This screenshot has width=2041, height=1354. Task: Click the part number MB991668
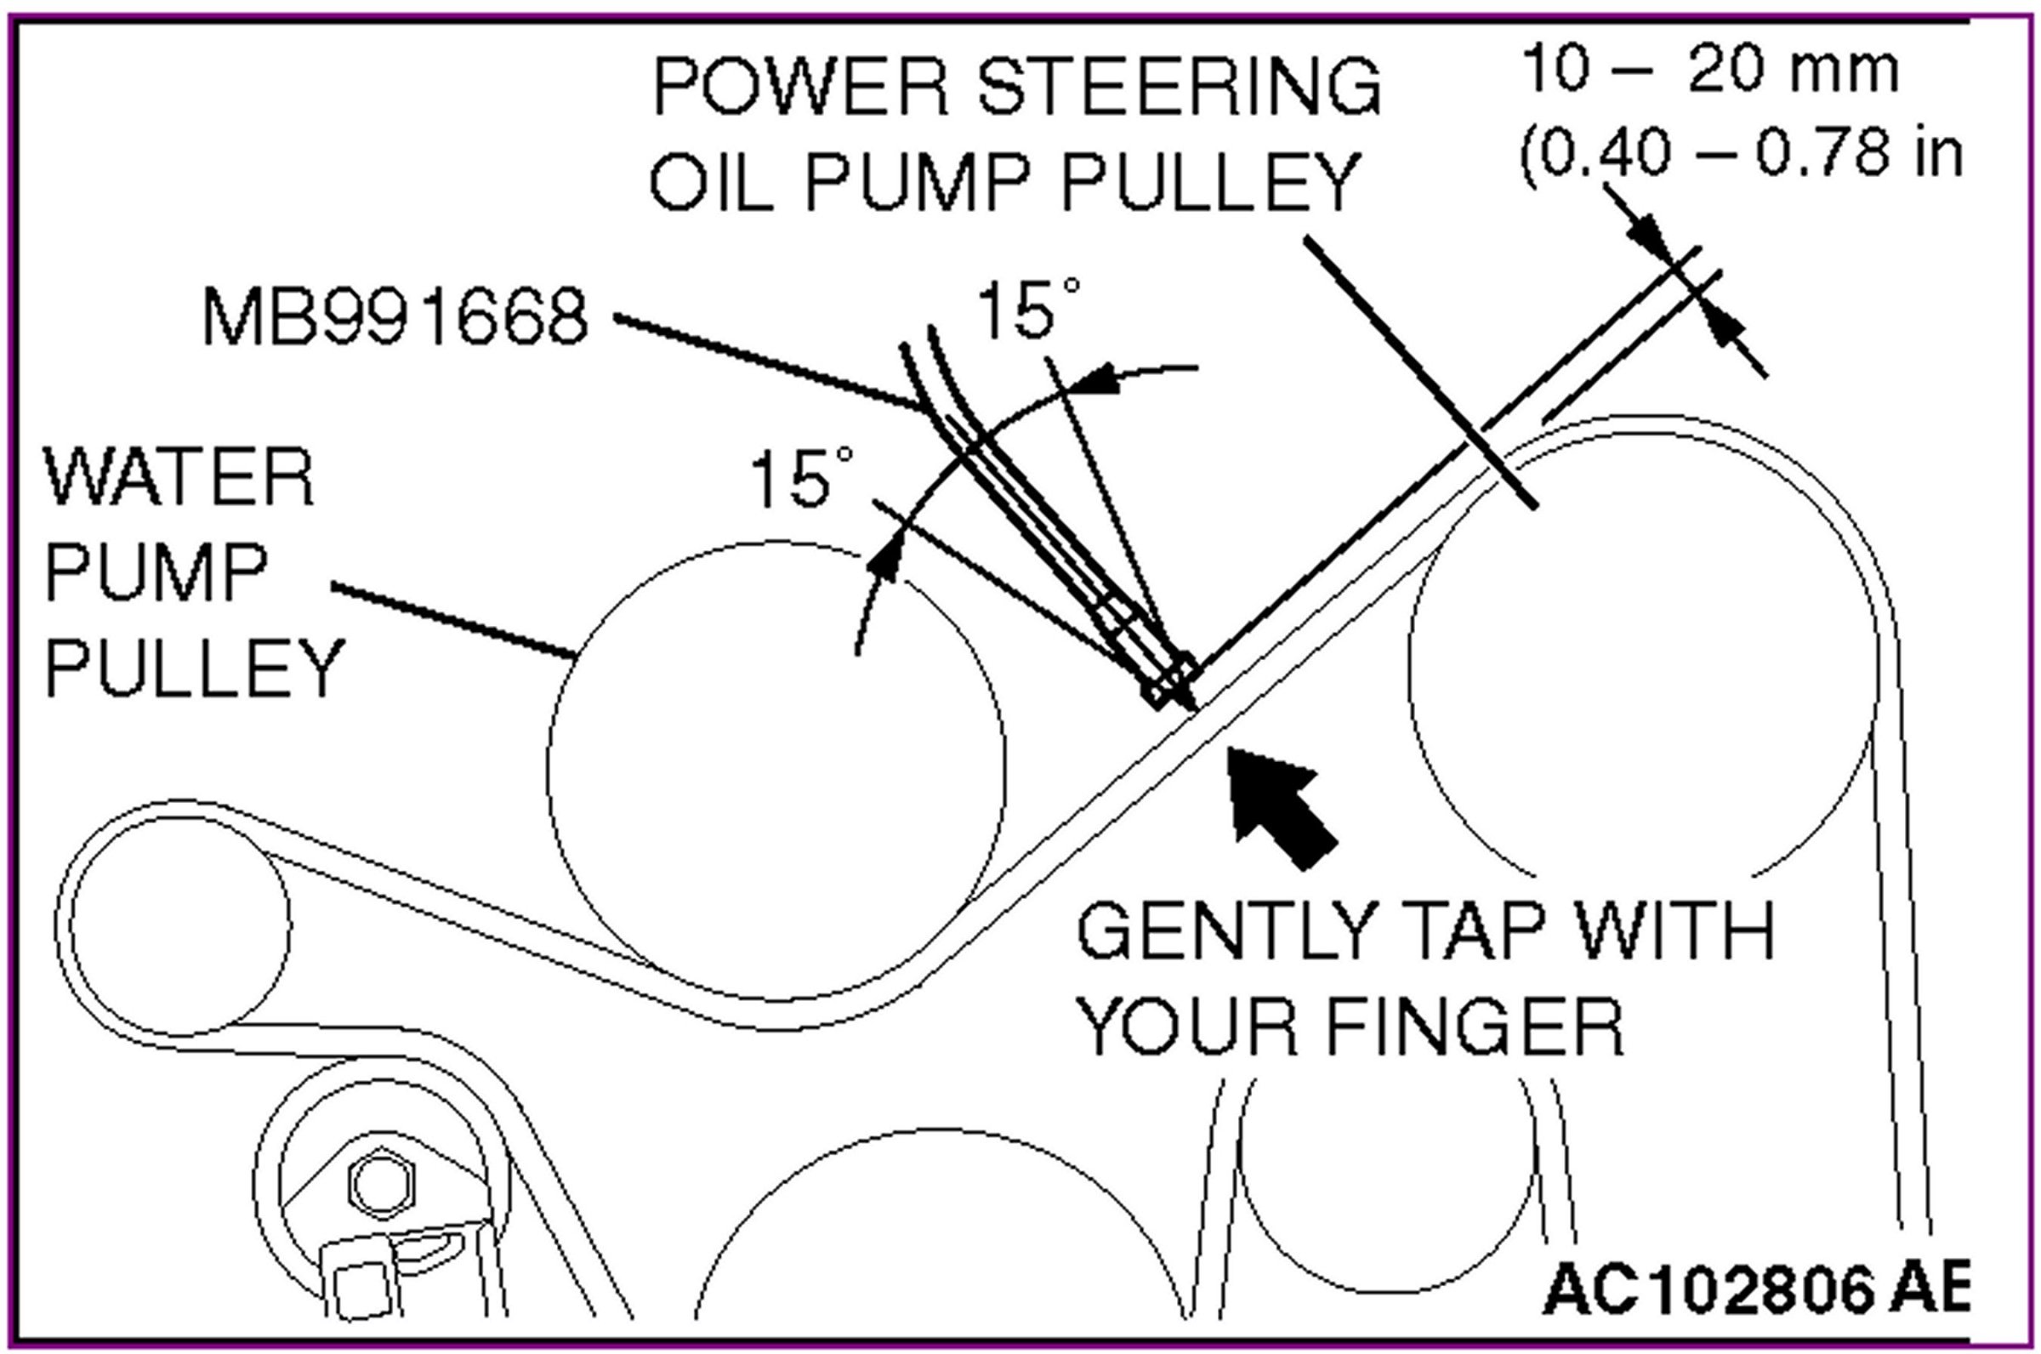click(x=395, y=317)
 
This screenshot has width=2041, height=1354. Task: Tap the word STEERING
click(x=1180, y=88)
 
